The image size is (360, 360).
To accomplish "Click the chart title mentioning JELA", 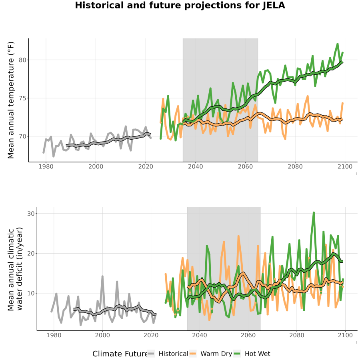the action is pyautogui.click(x=180, y=5).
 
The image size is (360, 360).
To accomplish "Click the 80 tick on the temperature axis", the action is pyautogui.click(x=22, y=60).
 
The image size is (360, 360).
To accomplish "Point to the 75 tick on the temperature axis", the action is pyautogui.click(x=22, y=98).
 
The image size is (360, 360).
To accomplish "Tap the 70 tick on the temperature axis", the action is pyautogui.click(x=22, y=136).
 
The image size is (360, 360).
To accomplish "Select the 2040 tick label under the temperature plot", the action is pyautogui.click(x=195, y=166).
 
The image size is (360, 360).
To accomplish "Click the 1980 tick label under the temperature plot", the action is pyautogui.click(x=46, y=166).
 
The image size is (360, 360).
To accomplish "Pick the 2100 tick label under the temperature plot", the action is pyautogui.click(x=345, y=166).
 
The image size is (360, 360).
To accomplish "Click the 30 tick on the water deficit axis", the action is pyautogui.click(x=31, y=214).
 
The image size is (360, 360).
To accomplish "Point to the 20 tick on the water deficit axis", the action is pyautogui.click(x=31, y=254).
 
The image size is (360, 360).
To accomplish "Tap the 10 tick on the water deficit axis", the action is pyautogui.click(x=31, y=294).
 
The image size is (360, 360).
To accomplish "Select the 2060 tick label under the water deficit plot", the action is pyautogui.click(x=248, y=335).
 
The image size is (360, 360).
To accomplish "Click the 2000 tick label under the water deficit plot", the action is pyautogui.click(x=102, y=335).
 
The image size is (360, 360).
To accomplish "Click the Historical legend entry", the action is pyautogui.click(x=168, y=354).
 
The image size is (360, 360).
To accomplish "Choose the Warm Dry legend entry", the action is pyautogui.click(x=211, y=354).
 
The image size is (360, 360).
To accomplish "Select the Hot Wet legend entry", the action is pyautogui.click(x=252, y=354).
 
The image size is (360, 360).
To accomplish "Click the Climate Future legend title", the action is pyautogui.click(x=120, y=354).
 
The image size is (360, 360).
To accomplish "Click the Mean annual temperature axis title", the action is pyautogui.click(x=11, y=100).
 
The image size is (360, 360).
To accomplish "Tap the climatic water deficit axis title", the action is pyautogui.click(x=15, y=269).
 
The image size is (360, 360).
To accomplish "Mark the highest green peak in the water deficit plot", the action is pyautogui.click(x=314, y=213).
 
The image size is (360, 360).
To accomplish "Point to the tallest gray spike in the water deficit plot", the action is pyautogui.click(x=102, y=276).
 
